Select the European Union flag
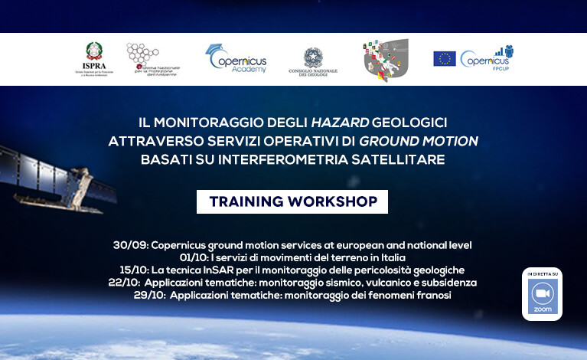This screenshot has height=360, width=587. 444,59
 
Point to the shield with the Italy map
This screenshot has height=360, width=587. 386,60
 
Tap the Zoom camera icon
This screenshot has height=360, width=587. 542,295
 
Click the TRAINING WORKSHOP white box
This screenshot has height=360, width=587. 292,201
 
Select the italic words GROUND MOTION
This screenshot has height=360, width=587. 419,141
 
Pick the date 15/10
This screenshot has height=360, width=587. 135,270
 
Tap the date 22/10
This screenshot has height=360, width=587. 123,282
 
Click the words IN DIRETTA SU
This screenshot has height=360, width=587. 542,273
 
